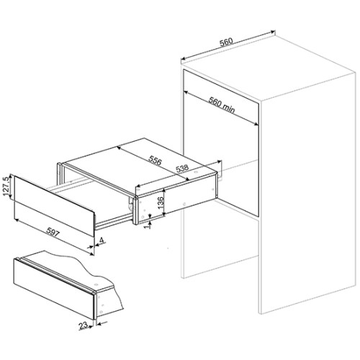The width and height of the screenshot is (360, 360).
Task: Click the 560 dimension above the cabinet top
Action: (226, 42)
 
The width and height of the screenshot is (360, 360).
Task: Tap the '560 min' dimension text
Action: (222, 105)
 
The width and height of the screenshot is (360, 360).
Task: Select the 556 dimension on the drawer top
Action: (155, 160)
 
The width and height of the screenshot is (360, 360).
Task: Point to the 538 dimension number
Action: (182, 168)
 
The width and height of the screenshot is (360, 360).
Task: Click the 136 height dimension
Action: (161, 202)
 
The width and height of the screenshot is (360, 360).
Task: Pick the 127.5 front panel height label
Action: (6, 186)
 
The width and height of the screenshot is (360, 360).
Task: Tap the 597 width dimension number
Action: (53, 232)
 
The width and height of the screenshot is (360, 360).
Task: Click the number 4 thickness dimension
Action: (102, 240)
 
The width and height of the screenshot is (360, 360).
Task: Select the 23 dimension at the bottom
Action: (83, 325)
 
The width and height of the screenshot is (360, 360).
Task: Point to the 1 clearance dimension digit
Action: (149, 225)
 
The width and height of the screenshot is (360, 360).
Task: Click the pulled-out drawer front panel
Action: (54, 205)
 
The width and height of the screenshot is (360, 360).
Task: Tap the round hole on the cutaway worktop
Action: (96, 285)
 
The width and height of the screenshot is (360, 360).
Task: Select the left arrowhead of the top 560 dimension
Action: (183, 58)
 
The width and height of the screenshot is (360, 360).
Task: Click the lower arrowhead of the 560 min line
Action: (256, 124)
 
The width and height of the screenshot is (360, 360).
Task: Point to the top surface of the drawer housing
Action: (139, 166)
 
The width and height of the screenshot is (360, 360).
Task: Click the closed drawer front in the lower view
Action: (53, 289)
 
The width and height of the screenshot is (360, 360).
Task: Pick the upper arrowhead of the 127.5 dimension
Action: (10, 176)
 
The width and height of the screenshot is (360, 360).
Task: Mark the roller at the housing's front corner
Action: (130, 206)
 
